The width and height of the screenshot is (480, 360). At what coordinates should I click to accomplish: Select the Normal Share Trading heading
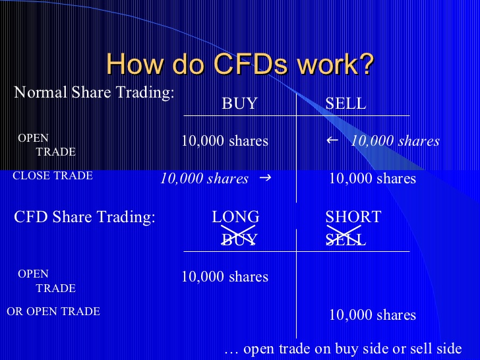click(x=94, y=92)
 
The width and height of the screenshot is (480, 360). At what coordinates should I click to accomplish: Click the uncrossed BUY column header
click(x=239, y=103)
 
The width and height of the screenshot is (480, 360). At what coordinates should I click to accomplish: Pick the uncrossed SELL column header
click(x=345, y=103)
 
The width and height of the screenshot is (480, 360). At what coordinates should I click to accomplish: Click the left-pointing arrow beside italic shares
click(x=332, y=140)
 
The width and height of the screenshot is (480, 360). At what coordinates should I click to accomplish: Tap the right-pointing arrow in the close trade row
click(x=265, y=177)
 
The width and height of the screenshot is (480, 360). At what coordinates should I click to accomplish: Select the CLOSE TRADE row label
click(x=53, y=175)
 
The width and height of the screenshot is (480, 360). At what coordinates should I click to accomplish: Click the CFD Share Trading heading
click(x=84, y=217)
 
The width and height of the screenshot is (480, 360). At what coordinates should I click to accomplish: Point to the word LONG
click(x=235, y=217)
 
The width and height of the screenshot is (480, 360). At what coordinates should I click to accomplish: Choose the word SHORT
click(x=353, y=217)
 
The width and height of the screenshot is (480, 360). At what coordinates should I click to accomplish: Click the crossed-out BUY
click(x=239, y=239)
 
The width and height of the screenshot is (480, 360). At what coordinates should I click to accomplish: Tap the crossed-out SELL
click(x=345, y=239)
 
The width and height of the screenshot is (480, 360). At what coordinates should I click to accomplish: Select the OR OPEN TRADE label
click(x=53, y=311)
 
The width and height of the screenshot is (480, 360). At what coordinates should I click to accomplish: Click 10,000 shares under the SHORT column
click(x=373, y=315)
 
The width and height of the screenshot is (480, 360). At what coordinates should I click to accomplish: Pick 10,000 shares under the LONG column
click(x=225, y=277)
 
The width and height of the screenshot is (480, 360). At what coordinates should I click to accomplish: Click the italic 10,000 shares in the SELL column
click(x=395, y=141)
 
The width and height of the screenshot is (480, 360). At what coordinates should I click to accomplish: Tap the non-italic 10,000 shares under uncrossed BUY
click(x=225, y=141)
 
